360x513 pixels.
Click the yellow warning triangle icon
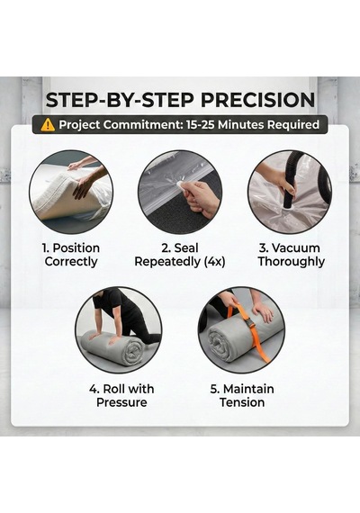[x=48, y=125]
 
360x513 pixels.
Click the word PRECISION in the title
[x=258, y=100]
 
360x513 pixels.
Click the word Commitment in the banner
[x=143, y=125]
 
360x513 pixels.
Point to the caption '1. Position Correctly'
[x=71, y=255]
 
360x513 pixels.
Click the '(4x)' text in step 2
[x=214, y=262]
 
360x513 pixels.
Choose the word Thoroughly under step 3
[x=292, y=262]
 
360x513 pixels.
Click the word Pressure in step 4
[x=121, y=402]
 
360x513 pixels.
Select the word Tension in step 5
[x=242, y=402]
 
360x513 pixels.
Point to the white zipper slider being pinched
[x=181, y=185]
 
